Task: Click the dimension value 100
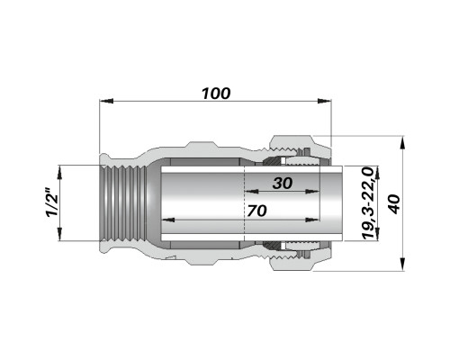[216, 94]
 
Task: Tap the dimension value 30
[283, 184]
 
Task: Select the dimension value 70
[256, 211]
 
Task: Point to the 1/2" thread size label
[51, 202]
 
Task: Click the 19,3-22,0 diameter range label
[368, 203]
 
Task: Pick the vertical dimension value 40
[395, 204]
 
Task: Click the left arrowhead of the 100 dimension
[106, 101]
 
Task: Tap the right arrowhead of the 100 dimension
[324, 101]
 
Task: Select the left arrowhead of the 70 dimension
[168, 220]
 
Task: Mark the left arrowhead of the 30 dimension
[252, 191]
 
